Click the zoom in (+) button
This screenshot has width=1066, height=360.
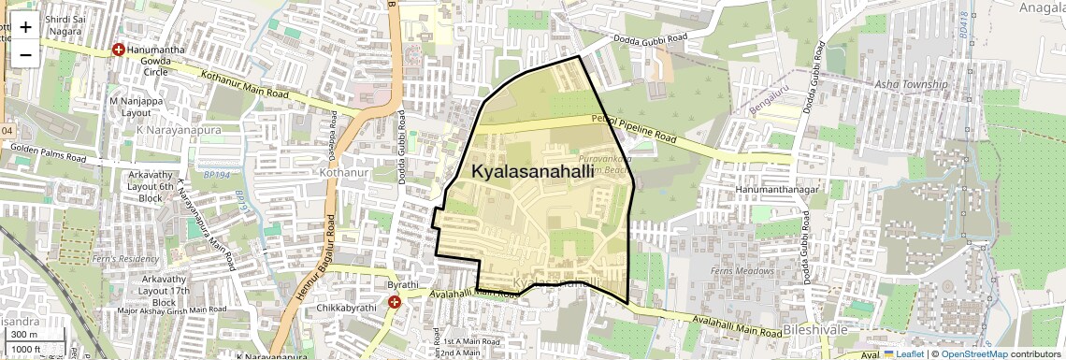25,27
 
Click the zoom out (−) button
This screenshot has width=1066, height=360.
25,54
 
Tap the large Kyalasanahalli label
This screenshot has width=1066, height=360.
532,172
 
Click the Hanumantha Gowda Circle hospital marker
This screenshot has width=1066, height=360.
119,50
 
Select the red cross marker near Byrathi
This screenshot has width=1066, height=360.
395,302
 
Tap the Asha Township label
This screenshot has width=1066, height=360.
907,84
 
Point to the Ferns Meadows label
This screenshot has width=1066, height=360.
744,271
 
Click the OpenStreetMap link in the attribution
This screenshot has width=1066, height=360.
973,353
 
